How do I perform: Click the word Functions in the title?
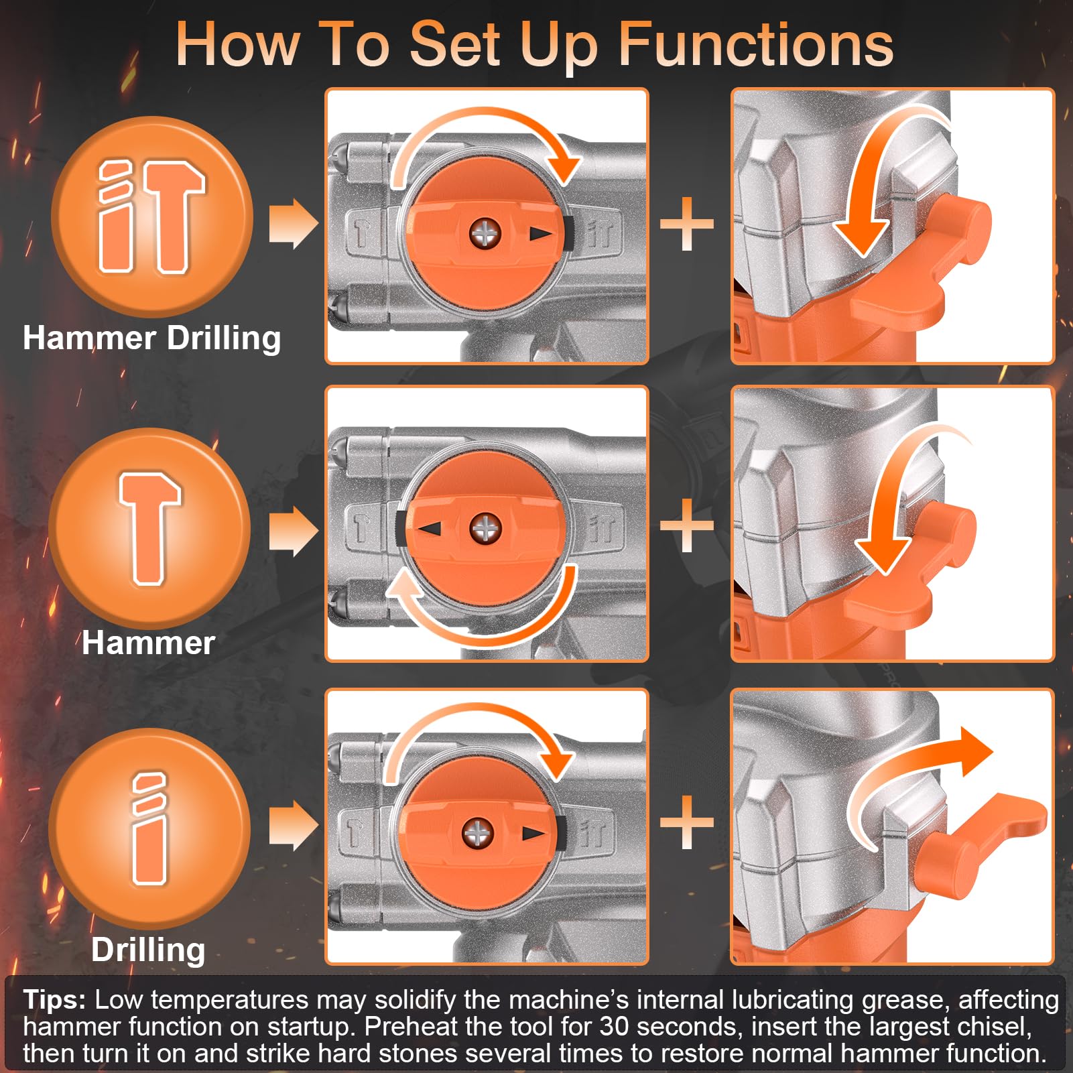[755, 44]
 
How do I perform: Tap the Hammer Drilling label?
[152, 338]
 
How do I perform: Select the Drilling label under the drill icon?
[148, 949]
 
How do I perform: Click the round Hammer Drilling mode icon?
[152, 216]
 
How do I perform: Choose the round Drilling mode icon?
[149, 828]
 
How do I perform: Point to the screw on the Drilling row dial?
[478, 833]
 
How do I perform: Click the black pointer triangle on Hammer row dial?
[429, 529]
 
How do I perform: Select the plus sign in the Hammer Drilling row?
[687, 225]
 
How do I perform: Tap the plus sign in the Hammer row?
[687, 525]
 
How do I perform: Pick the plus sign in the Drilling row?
[687, 822]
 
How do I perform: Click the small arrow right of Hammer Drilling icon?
[294, 223]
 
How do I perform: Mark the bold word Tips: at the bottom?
[54, 1000]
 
